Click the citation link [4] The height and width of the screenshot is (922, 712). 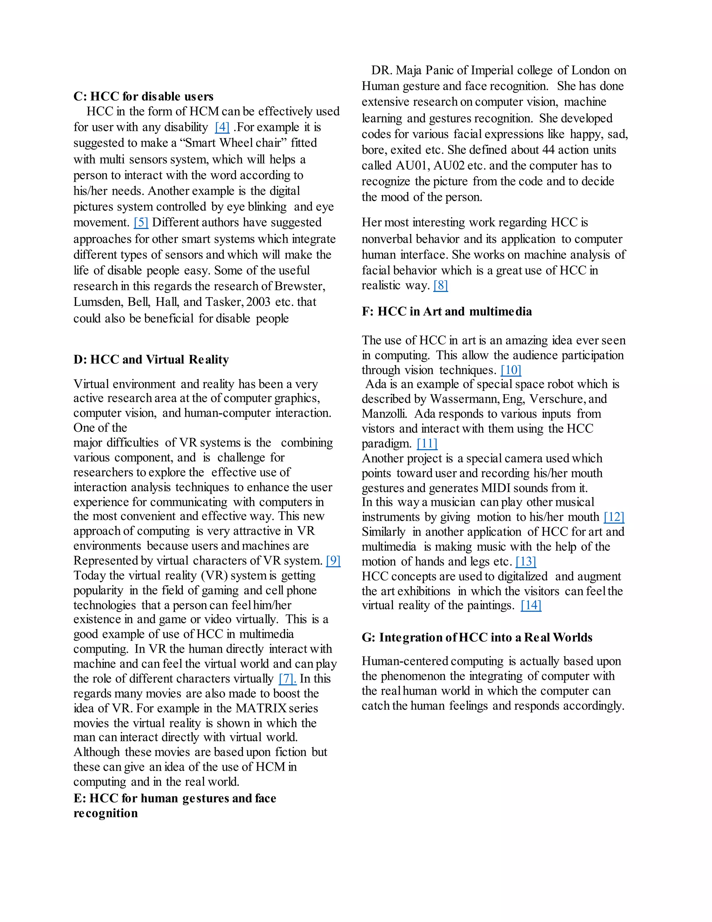(x=222, y=127)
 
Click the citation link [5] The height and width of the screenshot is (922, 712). (x=141, y=222)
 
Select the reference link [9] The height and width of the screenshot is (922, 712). (x=333, y=561)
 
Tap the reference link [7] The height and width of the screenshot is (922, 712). (x=287, y=679)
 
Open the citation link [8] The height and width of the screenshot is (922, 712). (x=440, y=286)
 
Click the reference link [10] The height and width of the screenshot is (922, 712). (x=511, y=370)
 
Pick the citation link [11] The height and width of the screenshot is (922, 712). (x=427, y=444)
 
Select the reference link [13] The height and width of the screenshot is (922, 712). (x=526, y=562)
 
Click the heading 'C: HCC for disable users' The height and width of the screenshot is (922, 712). (x=144, y=96)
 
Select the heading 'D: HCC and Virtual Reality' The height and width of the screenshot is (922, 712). (x=151, y=360)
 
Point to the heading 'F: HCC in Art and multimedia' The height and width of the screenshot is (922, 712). (x=447, y=311)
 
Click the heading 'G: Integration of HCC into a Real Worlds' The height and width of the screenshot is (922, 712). (x=477, y=637)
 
